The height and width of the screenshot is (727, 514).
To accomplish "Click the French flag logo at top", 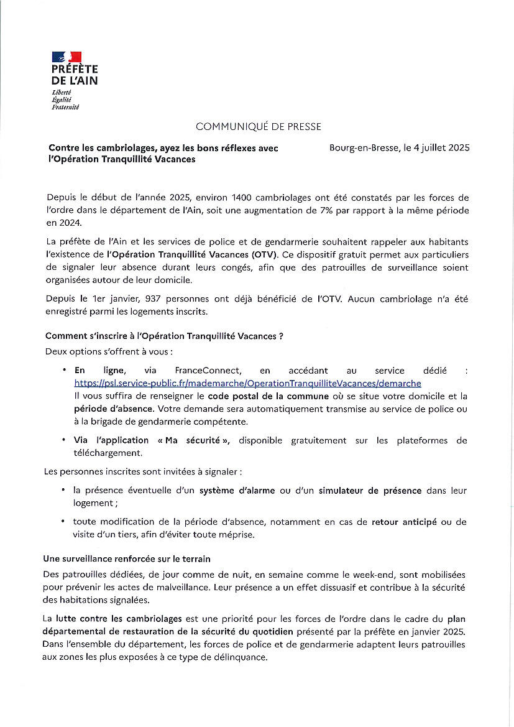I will (67, 57).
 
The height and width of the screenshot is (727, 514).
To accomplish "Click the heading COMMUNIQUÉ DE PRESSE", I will (258, 127).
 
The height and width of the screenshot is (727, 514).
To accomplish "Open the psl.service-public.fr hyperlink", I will (247, 383).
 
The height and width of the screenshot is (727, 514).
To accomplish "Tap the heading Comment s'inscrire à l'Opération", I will (164, 336).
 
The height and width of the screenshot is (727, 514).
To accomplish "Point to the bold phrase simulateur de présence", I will (370, 491).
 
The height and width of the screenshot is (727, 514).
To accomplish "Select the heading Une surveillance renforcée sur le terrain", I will (127, 559).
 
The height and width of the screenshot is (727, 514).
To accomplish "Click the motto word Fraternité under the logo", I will (65, 107).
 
